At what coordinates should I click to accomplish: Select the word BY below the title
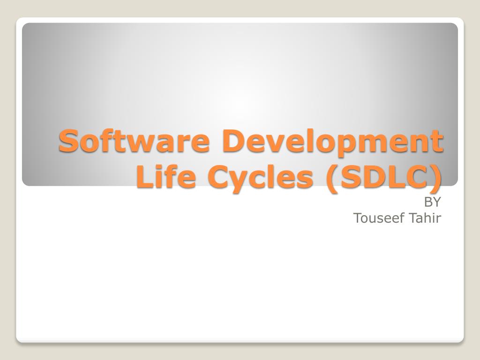click(432, 202)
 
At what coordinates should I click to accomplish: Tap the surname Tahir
click(425, 218)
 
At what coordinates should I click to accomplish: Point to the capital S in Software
click(68, 141)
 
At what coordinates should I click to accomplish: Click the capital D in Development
click(234, 141)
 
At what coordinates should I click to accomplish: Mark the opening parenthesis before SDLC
click(332, 179)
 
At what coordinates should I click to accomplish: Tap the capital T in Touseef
click(358, 218)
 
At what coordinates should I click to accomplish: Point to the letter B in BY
click(428, 202)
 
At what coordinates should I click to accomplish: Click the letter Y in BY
click(437, 202)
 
